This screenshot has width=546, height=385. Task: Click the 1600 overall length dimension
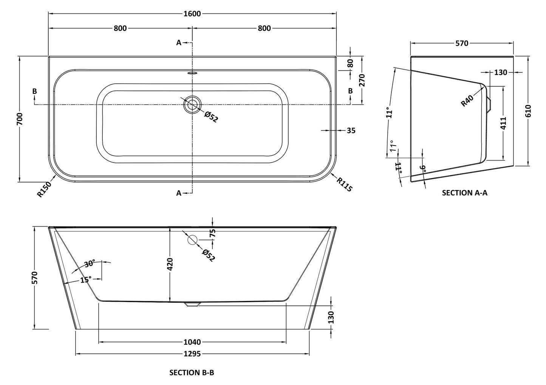193,14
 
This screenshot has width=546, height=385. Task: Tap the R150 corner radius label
45,189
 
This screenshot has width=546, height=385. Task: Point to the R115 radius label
344,184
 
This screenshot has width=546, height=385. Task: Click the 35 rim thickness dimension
351,130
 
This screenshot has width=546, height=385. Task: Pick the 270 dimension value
362,80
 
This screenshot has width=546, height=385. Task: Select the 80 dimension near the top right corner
350,63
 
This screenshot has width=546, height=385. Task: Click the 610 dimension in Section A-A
528,111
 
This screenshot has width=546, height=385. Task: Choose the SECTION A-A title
464,193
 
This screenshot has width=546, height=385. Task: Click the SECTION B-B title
192,373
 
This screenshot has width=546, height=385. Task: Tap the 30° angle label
90,264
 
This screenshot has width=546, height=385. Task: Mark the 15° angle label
85,279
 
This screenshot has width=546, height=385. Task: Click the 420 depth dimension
170,264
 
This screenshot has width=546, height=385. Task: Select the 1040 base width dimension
192,342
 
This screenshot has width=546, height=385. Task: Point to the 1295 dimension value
192,354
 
